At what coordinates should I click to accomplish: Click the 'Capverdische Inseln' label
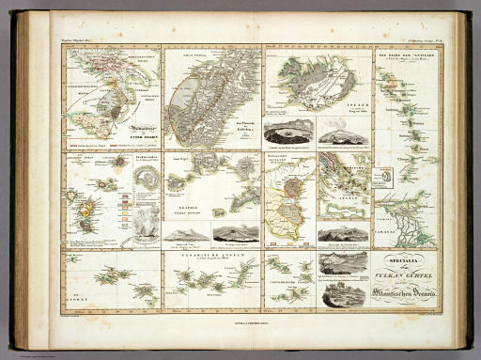(287, 302)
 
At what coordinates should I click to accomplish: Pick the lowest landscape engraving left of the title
(343, 296)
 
